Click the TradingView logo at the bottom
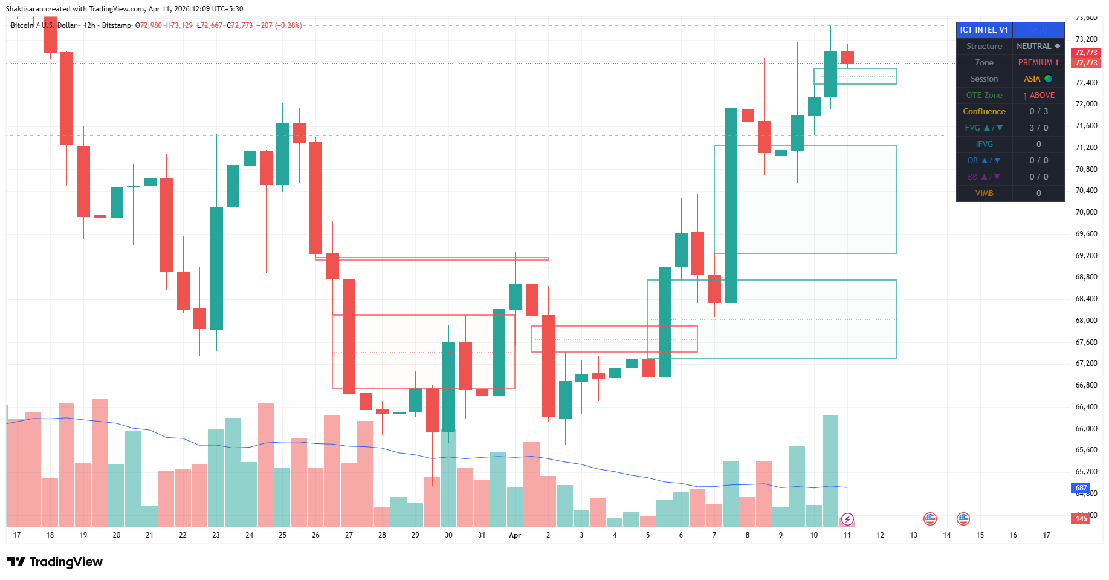point(58,562)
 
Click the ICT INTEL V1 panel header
point(984,30)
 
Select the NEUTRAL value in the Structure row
point(1037,46)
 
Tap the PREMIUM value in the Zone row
point(1038,62)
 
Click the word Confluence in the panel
point(984,111)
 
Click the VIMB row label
point(984,193)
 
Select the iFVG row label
point(984,144)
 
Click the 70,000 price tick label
point(1086,212)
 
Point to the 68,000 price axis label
point(1086,321)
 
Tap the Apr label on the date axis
point(515,535)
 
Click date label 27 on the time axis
point(349,535)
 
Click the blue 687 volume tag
point(1081,487)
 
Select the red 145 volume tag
point(1081,518)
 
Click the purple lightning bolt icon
point(847,519)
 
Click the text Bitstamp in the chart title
point(116,25)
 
